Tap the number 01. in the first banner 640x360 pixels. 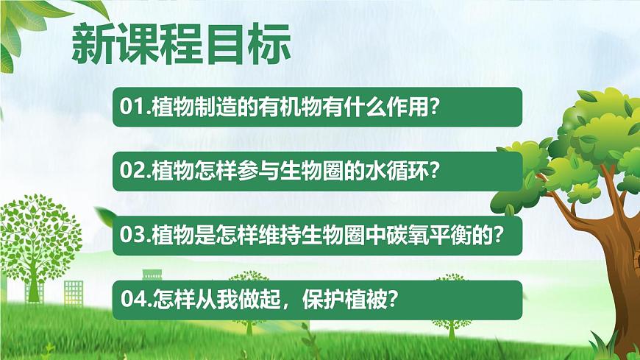pos(135,107)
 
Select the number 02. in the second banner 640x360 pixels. pos(135,172)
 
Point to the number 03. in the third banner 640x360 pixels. pos(135,235)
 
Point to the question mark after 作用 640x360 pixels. pos(435,107)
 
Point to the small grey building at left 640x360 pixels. pos(73,290)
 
